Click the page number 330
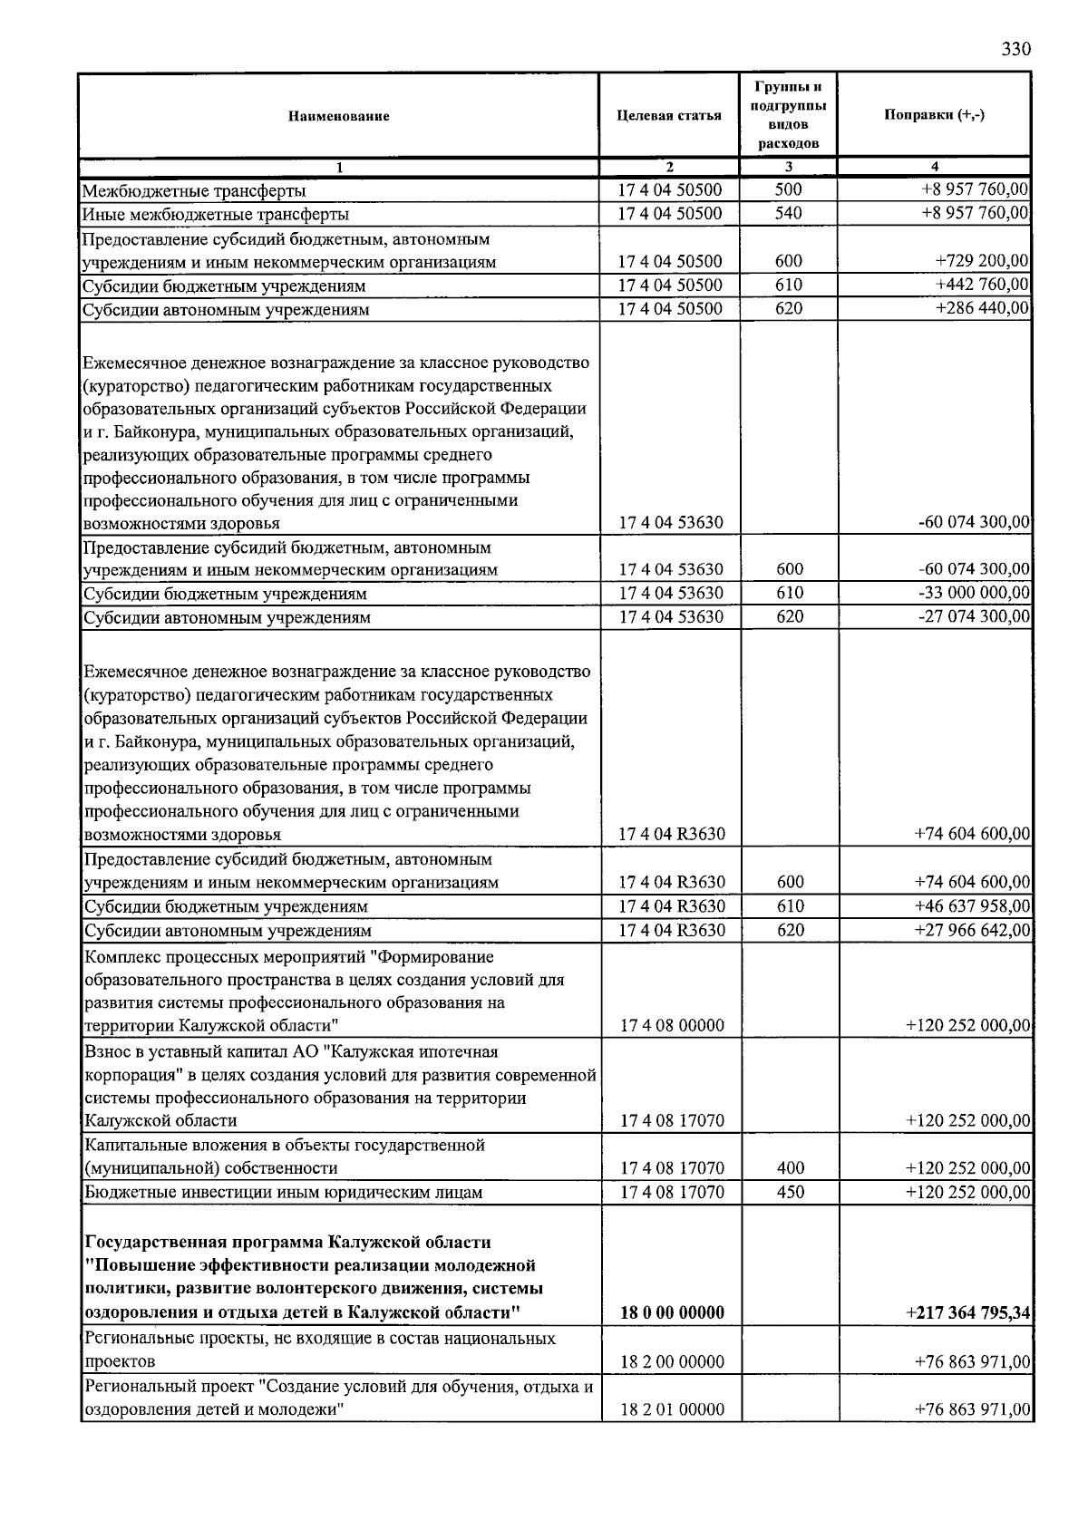pyautogui.click(x=1015, y=50)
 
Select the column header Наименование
pyautogui.click(x=339, y=116)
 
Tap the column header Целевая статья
pyautogui.click(x=669, y=115)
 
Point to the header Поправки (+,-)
pyautogui.click(x=934, y=115)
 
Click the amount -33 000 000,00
pyautogui.click(x=974, y=594)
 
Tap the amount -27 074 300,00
pyautogui.click(x=974, y=617)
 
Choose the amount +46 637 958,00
pyautogui.click(x=972, y=906)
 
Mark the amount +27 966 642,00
pyautogui.click(x=972, y=931)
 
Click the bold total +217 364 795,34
pyautogui.click(x=967, y=1313)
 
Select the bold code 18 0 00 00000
pyautogui.click(x=671, y=1313)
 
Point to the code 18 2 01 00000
pyautogui.click(x=672, y=1410)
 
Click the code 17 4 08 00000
pyautogui.click(x=672, y=1026)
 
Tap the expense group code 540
pyautogui.click(x=789, y=214)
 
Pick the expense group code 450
pyautogui.click(x=791, y=1193)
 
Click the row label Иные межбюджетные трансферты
pyautogui.click(x=216, y=215)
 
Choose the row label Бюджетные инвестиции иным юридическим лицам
pyautogui.click(x=283, y=1193)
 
